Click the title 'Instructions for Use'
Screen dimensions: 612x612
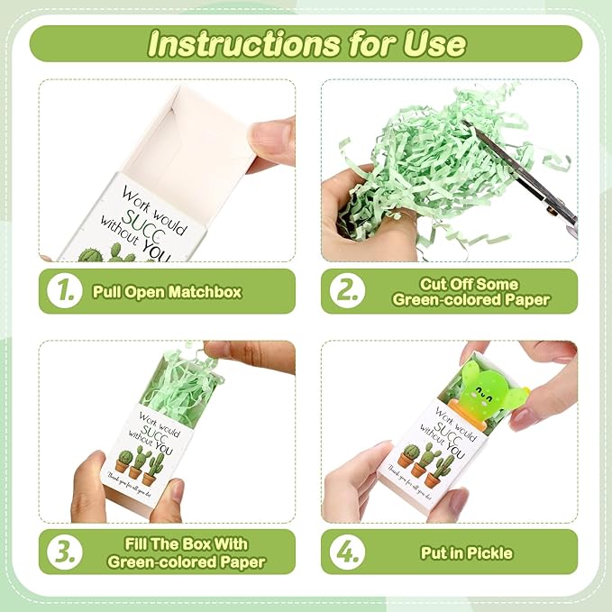coord(306,43)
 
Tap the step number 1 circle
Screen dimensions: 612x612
coord(67,291)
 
